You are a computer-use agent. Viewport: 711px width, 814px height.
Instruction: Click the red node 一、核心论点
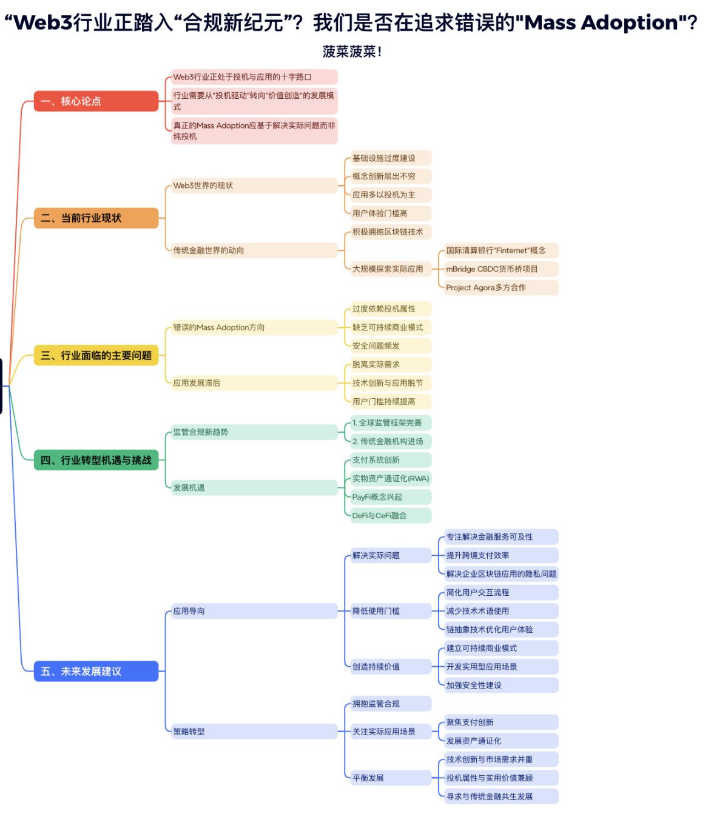pyautogui.click(x=96, y=101)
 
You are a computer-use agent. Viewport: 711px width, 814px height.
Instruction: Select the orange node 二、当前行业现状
pyautogui.click(x=96, y=218)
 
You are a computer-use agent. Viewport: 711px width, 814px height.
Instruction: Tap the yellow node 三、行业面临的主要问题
pyautogui.click(x=96, y=355)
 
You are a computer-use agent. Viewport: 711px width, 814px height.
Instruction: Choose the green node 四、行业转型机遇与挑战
pyautogui.click(x=96, y=460)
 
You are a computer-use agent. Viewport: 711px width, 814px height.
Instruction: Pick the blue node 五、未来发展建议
pyautogui.click(x=96, y=671)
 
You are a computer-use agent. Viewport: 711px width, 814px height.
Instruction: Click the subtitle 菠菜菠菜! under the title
pyautogui.click(x=352, y=52)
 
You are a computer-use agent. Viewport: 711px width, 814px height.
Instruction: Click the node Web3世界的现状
pyautogui.click(x=254, y=185)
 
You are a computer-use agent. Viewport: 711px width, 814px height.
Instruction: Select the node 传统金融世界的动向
pyautogui.click(x=254, y=250)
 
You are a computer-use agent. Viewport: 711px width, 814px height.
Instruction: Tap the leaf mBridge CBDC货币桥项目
pyautogui.click(x=501, y=269)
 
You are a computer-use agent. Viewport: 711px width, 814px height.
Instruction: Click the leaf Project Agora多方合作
pyautogui.click(x=501, y=287)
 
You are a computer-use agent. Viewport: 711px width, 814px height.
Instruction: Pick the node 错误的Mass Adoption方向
pyautogui.click(x=254, y=327)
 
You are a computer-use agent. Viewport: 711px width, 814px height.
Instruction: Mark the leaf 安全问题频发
pyautogui.click(x=391, y=345)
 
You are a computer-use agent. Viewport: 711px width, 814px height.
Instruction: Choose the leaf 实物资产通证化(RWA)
pyautogui.click(x=391, y=478)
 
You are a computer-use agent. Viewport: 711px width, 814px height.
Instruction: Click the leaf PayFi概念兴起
pyautogui.click(x=391, y=497)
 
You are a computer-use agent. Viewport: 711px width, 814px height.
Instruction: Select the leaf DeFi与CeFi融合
pyautogui.click(x=391, y=515)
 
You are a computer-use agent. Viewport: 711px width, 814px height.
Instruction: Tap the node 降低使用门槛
pyautogui.click(x=391, y=611)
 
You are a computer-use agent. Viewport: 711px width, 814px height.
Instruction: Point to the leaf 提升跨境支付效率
pyautogui.click(x=501, y=555)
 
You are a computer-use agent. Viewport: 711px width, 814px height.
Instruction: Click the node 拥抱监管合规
pyautogui.click(x=391, y=704)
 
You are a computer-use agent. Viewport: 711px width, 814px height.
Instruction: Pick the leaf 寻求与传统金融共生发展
pyautogui.click(x=501, y=796)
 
